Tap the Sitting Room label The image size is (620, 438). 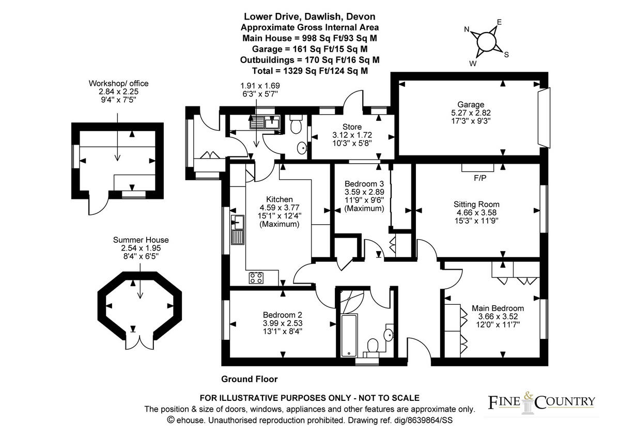(476, 204)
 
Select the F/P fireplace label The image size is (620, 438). (480, 178)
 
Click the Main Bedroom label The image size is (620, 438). (498, 308)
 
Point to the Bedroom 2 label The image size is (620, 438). (282, 315)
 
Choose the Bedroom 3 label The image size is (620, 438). (364, 183)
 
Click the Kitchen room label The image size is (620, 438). (280, 199)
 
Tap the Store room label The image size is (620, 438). (352, 127)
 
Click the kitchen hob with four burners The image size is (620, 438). (256, 278)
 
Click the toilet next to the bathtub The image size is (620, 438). (372, 346)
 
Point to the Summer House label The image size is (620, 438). (141, 240)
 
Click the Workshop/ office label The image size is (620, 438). (118, 83)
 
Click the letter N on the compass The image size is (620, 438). (467, 29)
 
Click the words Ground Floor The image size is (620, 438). (249, 379)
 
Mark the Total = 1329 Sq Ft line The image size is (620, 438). (310, 71)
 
